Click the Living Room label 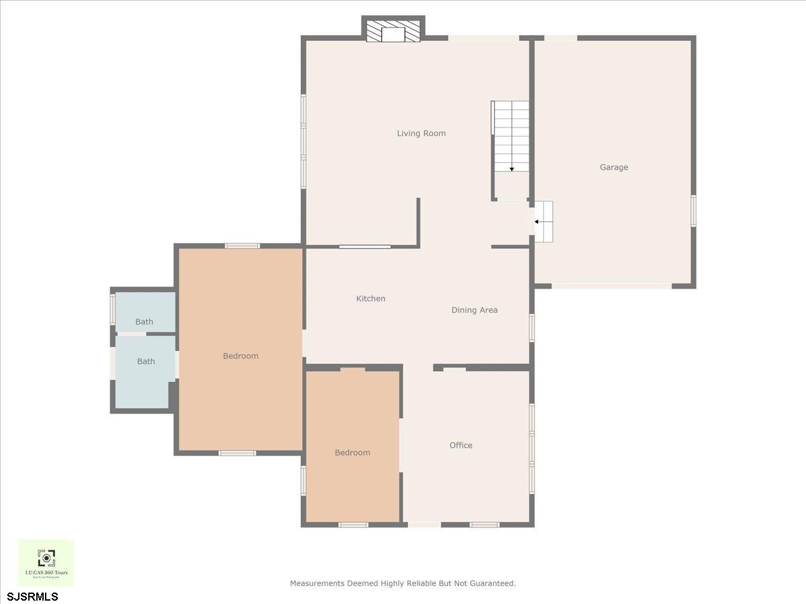point(421,134)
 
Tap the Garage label point(614,167)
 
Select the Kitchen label point(371,299)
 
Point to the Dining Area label point(474,310)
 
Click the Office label point(461,445)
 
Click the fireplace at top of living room point(394,32)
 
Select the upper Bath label point(144,321)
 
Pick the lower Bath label point(146,361)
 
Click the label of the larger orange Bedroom point(240,356)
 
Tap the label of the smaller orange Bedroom point(353,452)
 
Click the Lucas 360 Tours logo point(46,562)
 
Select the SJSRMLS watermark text point(33,596)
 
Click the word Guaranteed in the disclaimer point(492,583)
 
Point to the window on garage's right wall point(693,210)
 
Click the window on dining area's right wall point(531,328)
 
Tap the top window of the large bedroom point(242,246)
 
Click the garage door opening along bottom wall point(611,286)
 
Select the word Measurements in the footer point(318,583)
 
